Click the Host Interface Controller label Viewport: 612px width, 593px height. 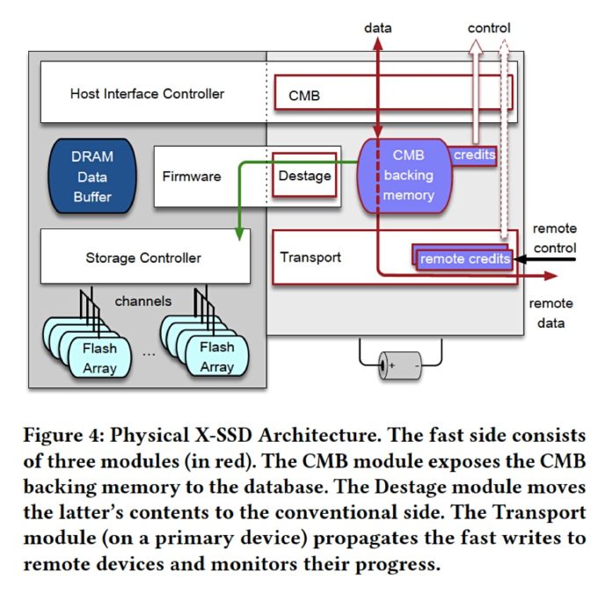click(147, 93)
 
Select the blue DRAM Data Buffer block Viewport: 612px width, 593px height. click(91, 177)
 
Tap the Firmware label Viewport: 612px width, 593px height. click(191, 176)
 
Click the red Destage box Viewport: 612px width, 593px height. click(304, 176)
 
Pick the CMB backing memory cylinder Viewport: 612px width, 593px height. click(407, 175)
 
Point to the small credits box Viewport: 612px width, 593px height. click(474, 155)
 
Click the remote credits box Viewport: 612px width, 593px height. click(465, 258)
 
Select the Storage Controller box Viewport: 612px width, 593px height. click(144, 257)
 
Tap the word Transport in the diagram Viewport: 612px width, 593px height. click(310, 257)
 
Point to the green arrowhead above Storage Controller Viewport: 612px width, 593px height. click(240, 233)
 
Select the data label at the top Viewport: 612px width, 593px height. click(378, 28)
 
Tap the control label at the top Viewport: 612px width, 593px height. click(488, 28)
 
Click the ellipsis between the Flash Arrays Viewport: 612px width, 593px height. click(147, 355)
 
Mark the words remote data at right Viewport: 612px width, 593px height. click(550, 313)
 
